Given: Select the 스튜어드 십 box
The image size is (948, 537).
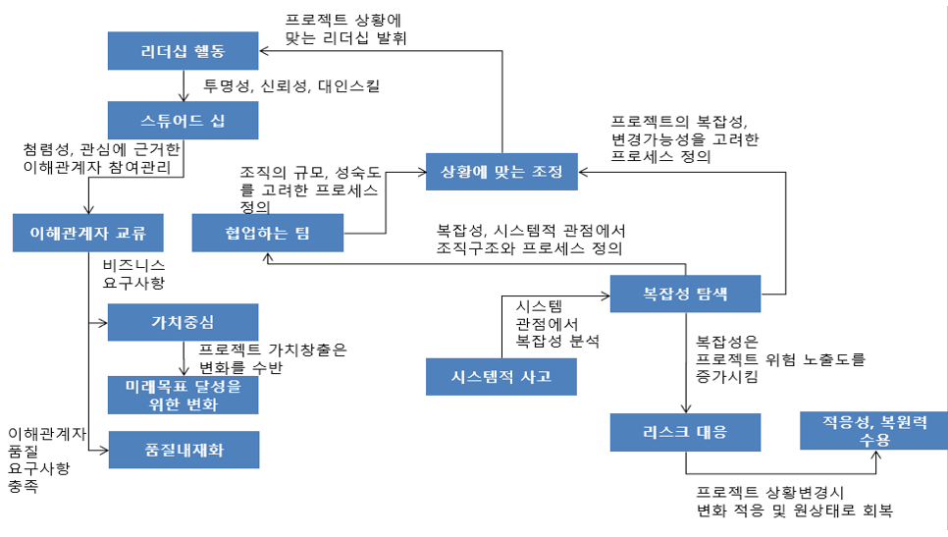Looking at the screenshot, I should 183,121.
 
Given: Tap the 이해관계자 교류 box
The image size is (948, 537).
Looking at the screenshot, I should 88,234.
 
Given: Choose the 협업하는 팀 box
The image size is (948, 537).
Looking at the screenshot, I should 267,234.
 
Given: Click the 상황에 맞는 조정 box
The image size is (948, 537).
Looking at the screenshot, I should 501,172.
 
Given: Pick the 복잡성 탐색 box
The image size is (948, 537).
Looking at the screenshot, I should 685,294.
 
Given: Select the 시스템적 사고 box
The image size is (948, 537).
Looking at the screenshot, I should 501,377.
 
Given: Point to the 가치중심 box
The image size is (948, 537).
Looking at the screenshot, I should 183,322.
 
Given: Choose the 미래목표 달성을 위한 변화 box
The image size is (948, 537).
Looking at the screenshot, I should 183,395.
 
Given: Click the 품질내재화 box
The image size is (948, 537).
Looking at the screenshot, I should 183,449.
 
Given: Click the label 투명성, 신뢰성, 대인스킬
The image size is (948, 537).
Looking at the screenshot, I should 291,86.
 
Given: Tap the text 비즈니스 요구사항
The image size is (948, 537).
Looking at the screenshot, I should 134,274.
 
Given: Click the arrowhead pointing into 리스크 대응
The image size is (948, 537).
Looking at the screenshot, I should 685,409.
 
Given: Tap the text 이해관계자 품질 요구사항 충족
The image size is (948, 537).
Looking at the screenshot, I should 45,458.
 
